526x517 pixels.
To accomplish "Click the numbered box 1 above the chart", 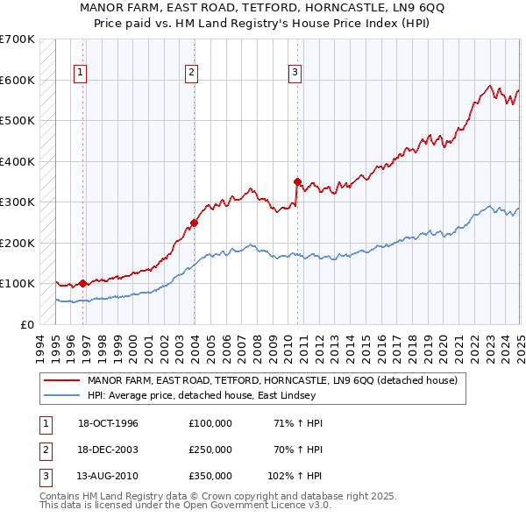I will click(x=80, y=73).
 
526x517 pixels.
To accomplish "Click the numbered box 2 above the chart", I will click(x=191, y=73).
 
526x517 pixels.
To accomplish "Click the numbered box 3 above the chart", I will click(x=295, y=73).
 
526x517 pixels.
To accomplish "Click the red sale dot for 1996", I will click(x=82, y=283).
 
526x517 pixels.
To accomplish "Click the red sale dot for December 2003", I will click(x=194, y=223).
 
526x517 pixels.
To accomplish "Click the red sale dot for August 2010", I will click(x=297, y=182).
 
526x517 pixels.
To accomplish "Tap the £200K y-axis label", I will click(x=17, y=243).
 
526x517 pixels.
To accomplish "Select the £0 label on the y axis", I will click(x=25, y=324).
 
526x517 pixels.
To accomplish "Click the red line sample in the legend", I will click(x=60, y=381).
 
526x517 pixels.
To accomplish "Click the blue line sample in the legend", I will click(x=60, y=396).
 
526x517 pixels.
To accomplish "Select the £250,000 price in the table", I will click(x=210, y=450).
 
